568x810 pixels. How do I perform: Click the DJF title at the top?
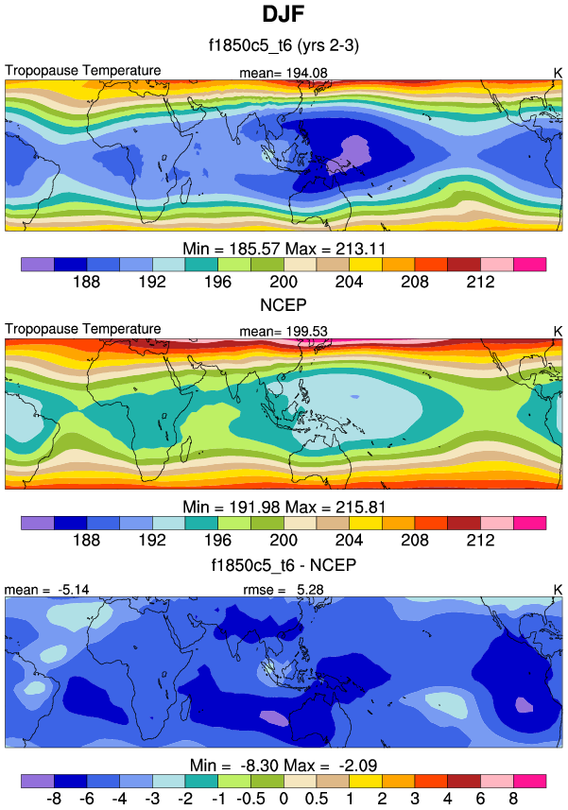(283, 15)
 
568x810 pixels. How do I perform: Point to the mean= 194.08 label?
(284, 73)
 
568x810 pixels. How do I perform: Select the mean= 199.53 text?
(284, 330)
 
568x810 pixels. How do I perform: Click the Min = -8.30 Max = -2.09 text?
(284, 763)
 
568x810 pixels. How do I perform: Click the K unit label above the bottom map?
(557, 589)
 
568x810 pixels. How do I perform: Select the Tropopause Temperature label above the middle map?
(83, 328)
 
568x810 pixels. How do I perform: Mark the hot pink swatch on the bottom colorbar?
(529, 780)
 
